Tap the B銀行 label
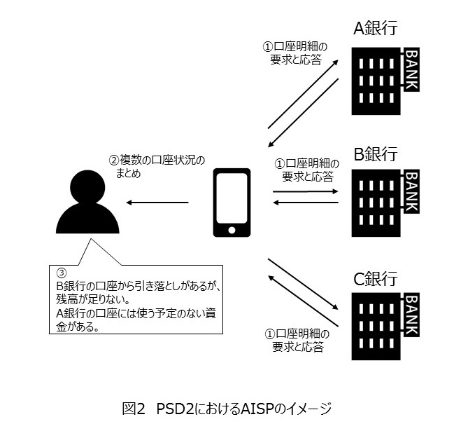[x=375, y=153]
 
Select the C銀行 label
[x=375, y=278]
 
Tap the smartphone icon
[x=230, y=203]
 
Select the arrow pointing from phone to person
[x=157, y=203]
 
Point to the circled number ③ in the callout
[x=61, y=272]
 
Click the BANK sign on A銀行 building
[x=411, y=69]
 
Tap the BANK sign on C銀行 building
[x=411, y=319]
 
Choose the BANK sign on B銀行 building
[x=411, y=194]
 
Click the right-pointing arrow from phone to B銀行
[x=305, y=191]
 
